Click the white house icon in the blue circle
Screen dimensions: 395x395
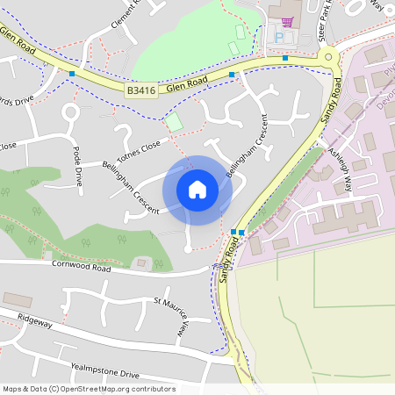[197, 190]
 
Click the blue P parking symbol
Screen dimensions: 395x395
[280, 38]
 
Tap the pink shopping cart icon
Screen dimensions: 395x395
[287, 21]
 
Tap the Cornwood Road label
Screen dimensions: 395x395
[81, 264]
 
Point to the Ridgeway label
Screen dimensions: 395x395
[35, 324]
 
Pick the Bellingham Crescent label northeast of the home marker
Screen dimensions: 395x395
[247, 146]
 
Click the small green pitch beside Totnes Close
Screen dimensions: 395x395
[175, 122]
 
